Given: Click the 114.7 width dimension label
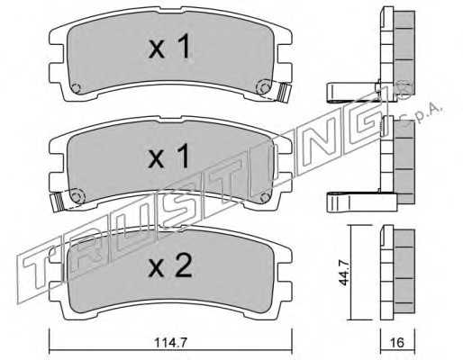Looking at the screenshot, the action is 170,343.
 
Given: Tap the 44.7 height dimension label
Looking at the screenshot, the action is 345,274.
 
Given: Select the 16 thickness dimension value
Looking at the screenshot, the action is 398,343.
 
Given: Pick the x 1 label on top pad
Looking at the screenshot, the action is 169,46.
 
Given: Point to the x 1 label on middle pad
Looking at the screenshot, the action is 169,156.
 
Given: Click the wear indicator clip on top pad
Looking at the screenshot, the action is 284,92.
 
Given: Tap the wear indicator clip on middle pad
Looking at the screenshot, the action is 57,202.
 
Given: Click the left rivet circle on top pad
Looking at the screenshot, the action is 77,88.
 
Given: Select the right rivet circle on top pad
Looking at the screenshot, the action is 264,87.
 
